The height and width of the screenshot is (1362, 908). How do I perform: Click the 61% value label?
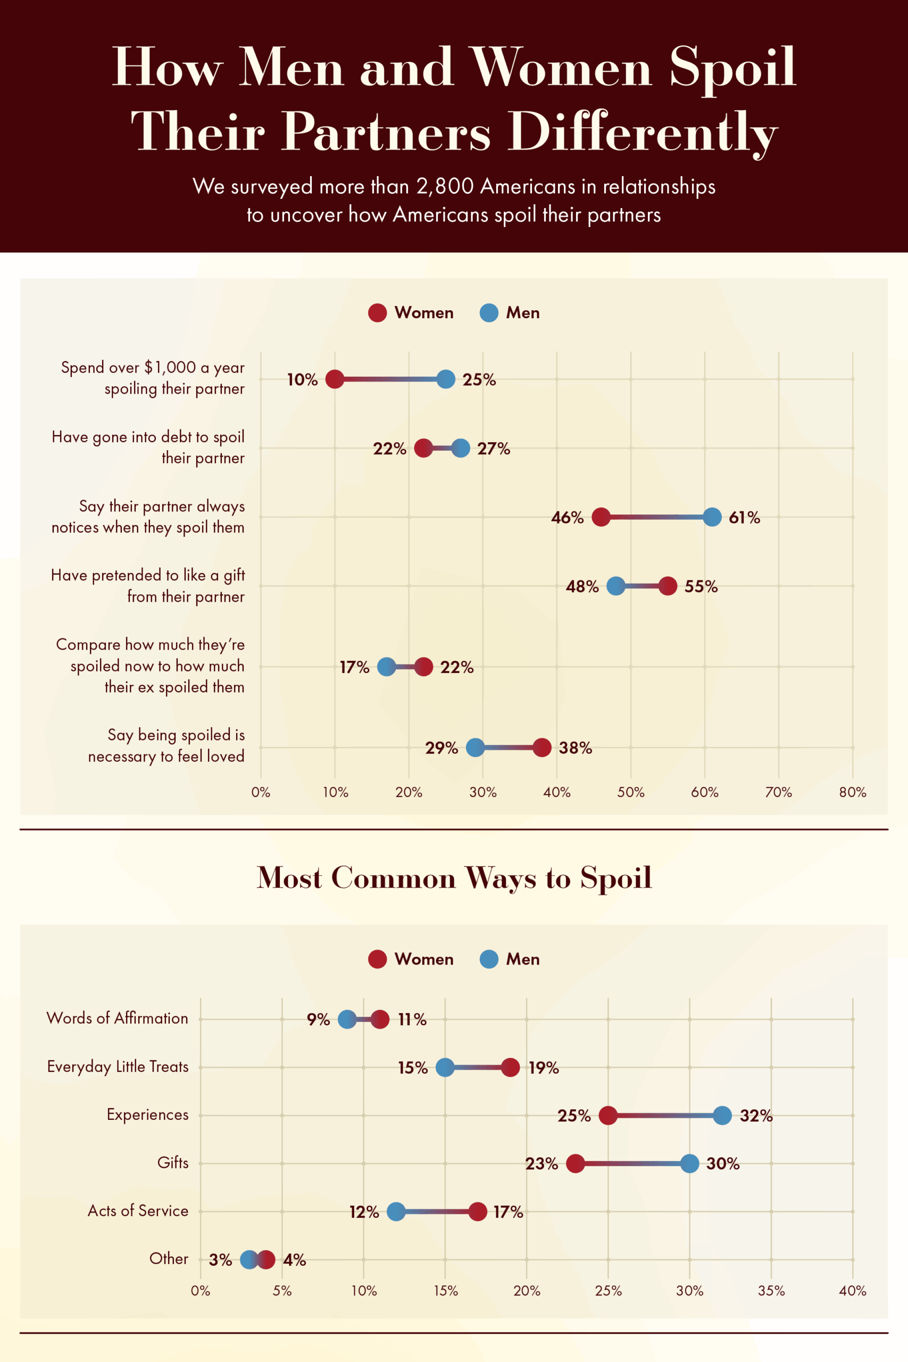click(744, 517)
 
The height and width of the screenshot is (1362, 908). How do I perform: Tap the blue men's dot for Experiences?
click(722, 1115)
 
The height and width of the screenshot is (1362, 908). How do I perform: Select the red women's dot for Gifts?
click(575, 1164)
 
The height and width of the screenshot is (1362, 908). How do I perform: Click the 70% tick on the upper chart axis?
click(778, 792)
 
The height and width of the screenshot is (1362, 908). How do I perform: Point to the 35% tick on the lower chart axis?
click(771, 1291)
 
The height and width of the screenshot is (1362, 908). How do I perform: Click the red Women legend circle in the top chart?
click(378, 313)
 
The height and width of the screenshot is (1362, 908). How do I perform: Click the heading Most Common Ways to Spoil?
click(454, 878)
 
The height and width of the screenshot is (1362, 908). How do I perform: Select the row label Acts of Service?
click(138, 1211)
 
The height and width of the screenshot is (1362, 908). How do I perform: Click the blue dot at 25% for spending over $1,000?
click(446, 379)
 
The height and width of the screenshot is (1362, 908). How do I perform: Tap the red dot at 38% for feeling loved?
click(542, 748)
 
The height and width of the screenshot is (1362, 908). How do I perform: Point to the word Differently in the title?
click(643, 132)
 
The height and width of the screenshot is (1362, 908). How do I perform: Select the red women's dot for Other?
click(266, 1259)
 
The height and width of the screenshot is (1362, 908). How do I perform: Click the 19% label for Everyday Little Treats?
click(544, 1068)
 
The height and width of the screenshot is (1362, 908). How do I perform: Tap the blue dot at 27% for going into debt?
click(461, 448)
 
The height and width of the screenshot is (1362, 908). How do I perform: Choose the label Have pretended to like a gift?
click(148, 575)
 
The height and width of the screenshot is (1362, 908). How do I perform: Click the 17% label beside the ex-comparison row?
click(354, 667)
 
